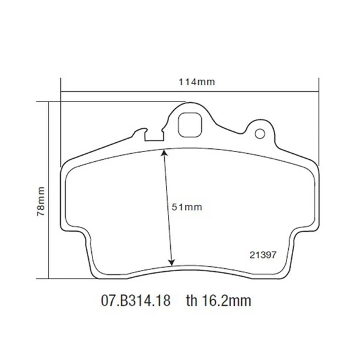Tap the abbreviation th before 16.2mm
(x=193, y=300)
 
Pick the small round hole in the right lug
(x=260, y=134)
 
